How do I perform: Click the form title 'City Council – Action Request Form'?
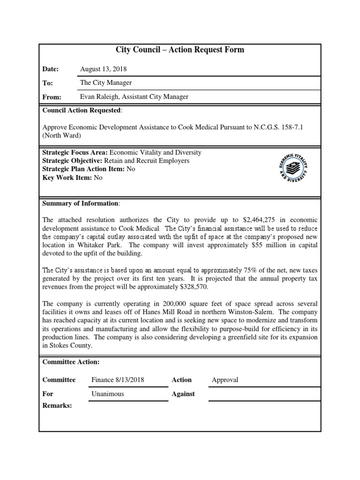tap(180, 50)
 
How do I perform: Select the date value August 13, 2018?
tap(103, 69)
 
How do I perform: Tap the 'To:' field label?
tap(47, 83)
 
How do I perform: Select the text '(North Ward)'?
tap(61, 136)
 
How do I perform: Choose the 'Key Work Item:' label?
tap(67, 178)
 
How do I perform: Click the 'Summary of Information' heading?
tap(81, 203)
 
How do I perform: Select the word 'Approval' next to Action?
tap(225, 380)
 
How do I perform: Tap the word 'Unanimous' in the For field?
tap(108, 394)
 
